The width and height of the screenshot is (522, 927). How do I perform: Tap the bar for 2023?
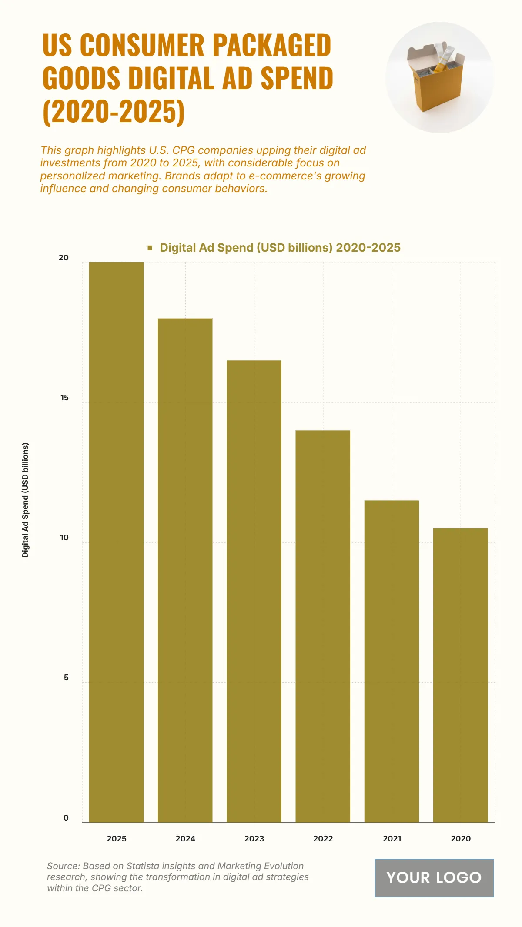pyautogui.click(x=254, y=591)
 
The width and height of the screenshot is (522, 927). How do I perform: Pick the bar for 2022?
pyautogui.click(x=323, y=626)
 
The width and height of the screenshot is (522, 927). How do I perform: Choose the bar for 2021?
pyautogui.click(x=391, y=661)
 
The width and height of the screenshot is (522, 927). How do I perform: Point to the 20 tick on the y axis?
pyautogui.click(x=64, y=258)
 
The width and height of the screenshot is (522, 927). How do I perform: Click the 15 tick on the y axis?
pyautogui.click(x=64, y=398)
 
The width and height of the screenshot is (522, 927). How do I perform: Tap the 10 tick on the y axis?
pyautogui.click(x=64, y=538)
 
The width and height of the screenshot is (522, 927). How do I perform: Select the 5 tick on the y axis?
pyautogui.click(x=66, y=678)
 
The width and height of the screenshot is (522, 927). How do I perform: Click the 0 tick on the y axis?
pyautogui.click(x=66, y=817)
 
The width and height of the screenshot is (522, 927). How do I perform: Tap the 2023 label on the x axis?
pyautogui.click(x=254, y=838)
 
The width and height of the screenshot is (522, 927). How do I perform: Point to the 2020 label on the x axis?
pyautogui.click(x=460, y=838)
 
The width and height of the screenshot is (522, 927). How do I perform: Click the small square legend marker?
pyautogui.click(x=150, y=248)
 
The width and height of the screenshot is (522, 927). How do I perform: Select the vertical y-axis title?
pyautogui.click(x=25, y=500)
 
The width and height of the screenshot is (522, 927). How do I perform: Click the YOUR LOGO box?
pyautogui.click(x=434, y=877)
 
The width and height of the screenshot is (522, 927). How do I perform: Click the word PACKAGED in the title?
pyautogui.click(x=271, y=45)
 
